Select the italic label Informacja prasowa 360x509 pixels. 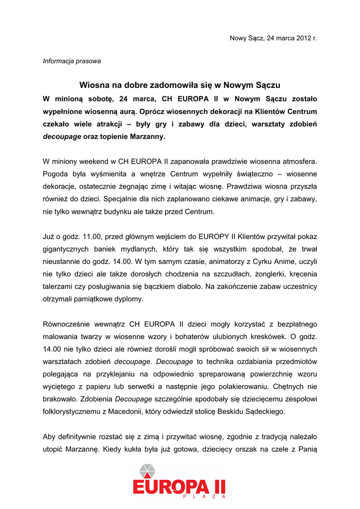pyautogui.click(x=72, y=61)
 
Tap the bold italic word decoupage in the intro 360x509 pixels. pyautogui.click(x=62, y=137)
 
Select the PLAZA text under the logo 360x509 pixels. pyautogui.click(x=204, y=497)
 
